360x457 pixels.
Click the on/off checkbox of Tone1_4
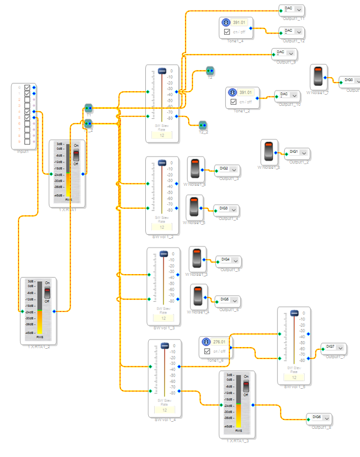(226, 31)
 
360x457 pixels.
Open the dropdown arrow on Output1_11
(299, 9)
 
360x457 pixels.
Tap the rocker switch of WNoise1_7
(318, 77)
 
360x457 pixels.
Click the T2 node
(210, 71)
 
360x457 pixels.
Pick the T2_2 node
(202, 125)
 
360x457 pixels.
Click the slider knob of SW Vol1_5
(293, 313)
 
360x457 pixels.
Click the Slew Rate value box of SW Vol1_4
(163, 410)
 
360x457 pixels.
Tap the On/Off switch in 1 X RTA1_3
(246, 386)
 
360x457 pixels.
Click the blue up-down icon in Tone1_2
(232, 93)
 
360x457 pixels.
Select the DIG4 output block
(225, 259)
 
